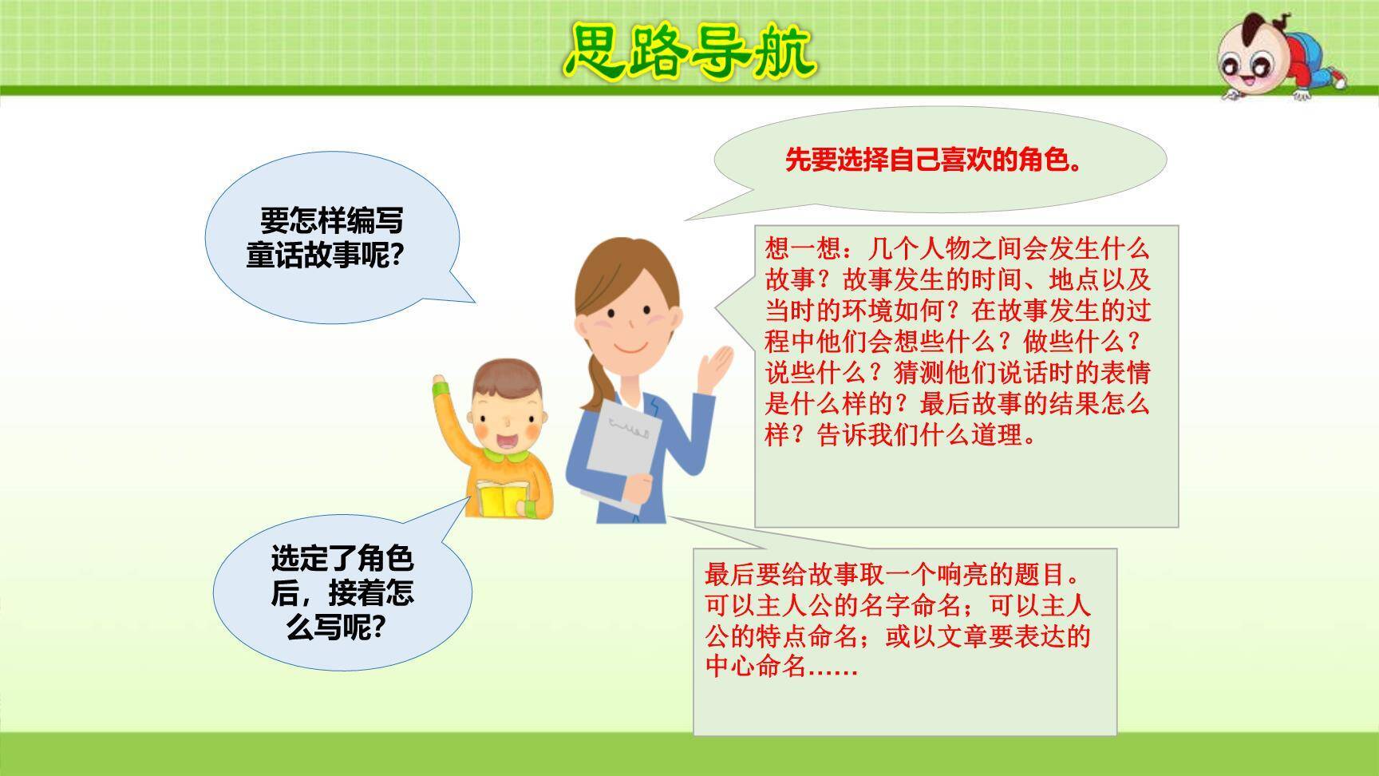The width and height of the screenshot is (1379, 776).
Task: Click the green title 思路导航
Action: tap(691, 49)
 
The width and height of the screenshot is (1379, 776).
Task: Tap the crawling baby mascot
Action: tap(1280, 57)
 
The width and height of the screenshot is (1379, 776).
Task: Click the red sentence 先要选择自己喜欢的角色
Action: tap(934, 160)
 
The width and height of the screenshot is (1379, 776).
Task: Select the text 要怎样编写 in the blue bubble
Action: tap(332, 220)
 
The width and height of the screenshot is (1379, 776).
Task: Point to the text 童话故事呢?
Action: tap(325, 256)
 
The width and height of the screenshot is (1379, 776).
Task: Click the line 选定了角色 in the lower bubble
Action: tap(342, 558)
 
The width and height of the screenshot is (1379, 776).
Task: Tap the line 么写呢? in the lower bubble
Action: tap(336, 628)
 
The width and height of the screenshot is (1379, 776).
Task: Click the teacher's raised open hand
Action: tap(716, 366)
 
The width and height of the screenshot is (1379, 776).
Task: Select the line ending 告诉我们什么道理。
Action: tap(901, 435)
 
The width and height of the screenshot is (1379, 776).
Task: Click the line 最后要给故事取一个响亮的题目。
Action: tap(893, 574)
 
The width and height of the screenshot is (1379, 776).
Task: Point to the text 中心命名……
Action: tap(781, 666)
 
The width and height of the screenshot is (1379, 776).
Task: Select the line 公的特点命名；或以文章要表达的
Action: tap(898, 635)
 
